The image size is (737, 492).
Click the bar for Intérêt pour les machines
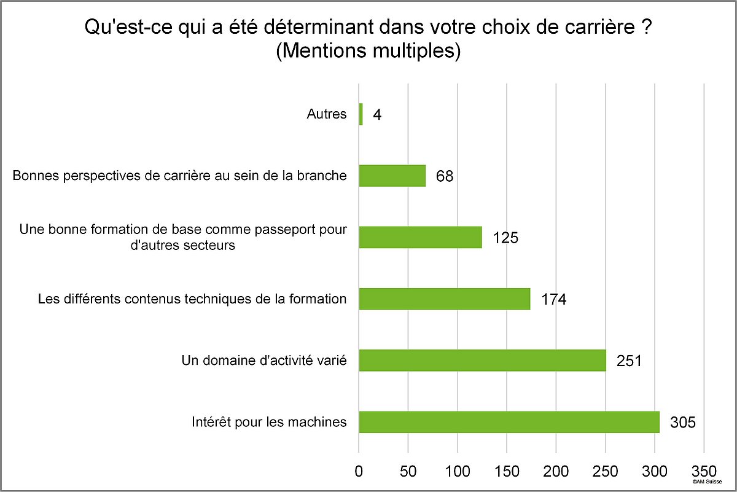point(509,422)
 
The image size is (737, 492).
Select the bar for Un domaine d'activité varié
point(482,360)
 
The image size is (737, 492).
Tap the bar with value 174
point(445,299)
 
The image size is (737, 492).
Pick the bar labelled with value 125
point(420,237)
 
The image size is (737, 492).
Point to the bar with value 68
point(392,176)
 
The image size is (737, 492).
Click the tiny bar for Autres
point(361,114)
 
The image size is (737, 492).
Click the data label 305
point(683,423)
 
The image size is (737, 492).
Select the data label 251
point(630,361)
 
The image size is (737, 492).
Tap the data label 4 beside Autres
point(377,115)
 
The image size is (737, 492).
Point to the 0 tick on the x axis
point(359,472)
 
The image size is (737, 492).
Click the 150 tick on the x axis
point(507,472)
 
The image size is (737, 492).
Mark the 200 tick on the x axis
point(556,472)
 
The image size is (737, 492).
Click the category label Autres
point(326,114)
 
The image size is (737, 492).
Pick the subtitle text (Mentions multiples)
point(368,50)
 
